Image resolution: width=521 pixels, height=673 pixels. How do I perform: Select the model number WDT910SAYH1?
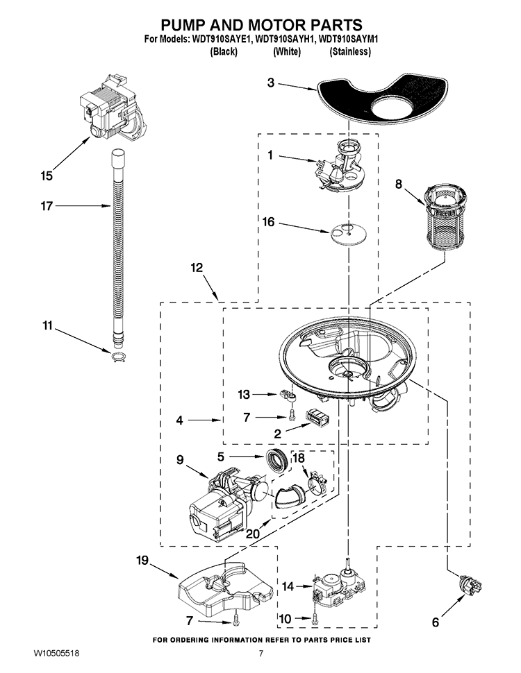point(284,41)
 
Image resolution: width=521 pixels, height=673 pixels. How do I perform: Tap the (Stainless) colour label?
point(350,52)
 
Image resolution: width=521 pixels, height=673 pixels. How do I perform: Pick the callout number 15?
point(46,176)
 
